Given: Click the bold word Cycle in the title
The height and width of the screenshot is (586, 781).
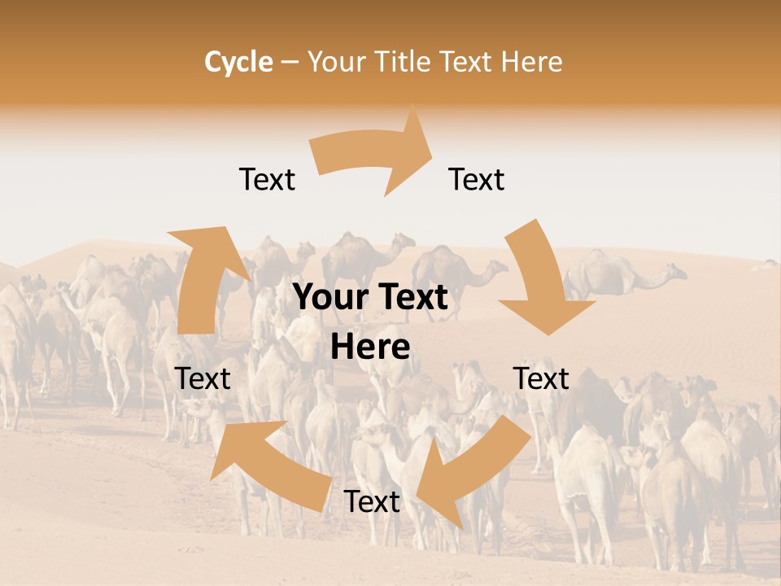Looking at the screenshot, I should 238,62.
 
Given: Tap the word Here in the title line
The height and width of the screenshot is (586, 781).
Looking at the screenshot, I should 533,62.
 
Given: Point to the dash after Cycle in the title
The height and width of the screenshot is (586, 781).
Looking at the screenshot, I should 289,62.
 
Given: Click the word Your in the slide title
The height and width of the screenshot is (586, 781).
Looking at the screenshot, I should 334,62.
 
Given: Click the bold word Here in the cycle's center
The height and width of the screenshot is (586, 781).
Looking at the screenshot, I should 370,348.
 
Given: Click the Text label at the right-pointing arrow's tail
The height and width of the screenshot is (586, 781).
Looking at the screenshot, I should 267,179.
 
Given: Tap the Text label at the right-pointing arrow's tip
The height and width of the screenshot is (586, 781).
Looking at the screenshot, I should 477,179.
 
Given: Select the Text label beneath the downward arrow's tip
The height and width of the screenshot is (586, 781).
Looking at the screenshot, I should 541,378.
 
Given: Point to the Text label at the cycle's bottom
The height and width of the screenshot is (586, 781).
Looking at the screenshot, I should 372,502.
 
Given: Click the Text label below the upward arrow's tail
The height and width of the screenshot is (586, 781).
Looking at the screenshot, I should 203,378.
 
